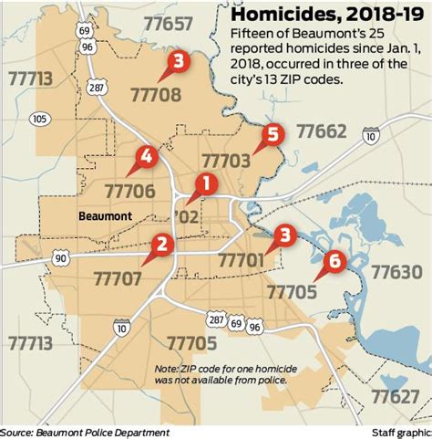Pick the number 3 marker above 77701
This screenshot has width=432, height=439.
pyautogui.click(x=284, y=235)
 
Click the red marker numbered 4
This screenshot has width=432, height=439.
pyautogui.click(x=142, y=158)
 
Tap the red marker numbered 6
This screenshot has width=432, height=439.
pyautogui.click(x=334, y=261)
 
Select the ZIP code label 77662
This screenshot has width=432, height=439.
pyautogui.click(x=320, y=132)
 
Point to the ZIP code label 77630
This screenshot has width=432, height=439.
pyautogui.click(x=396, y=273)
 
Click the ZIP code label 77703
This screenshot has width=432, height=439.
pyautogui.click(x=224, y=162)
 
